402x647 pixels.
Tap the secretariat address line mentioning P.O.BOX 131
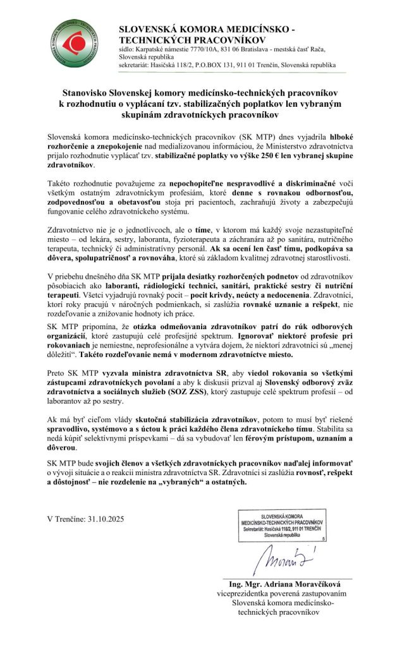(228, 65)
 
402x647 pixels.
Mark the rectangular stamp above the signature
(282, 525)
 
